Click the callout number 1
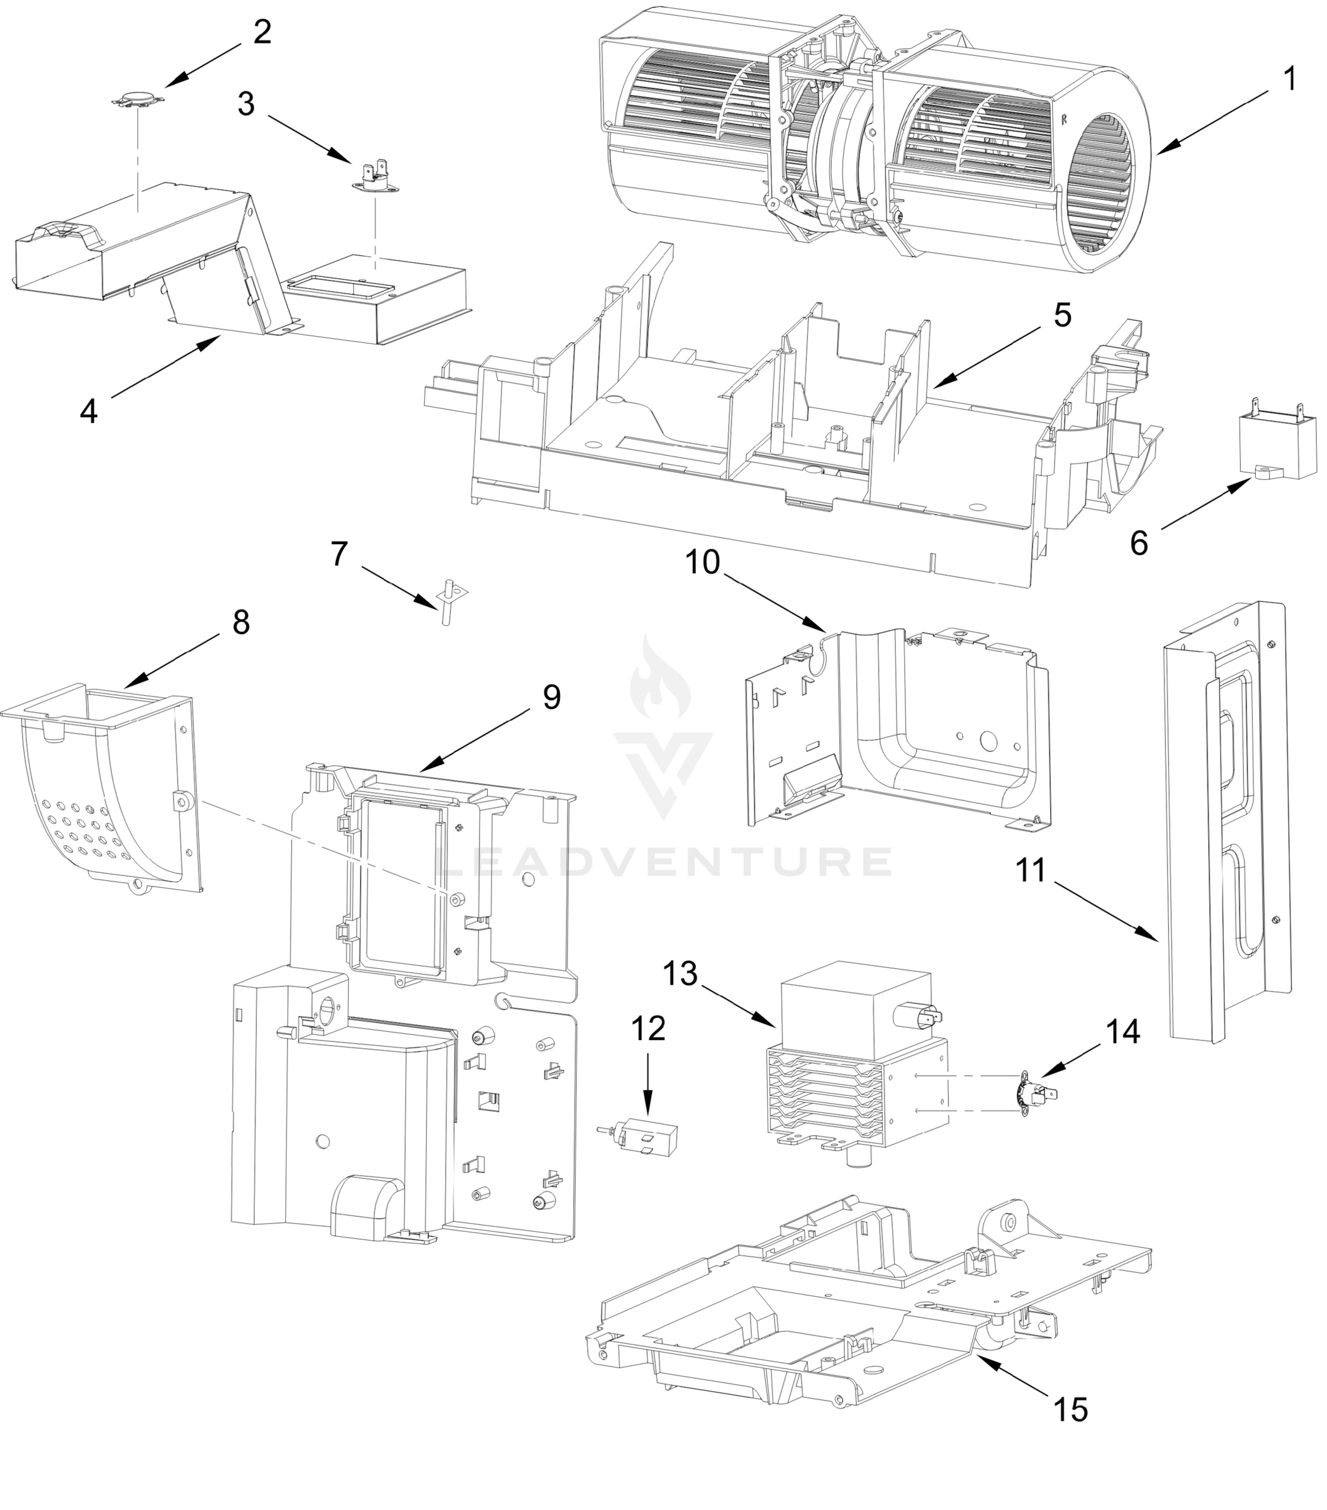tap(1289, 79)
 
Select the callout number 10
tap(703, 562)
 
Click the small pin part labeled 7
tap(447, 603)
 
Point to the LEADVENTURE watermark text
tap(663, 862)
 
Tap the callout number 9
tap(551, 696)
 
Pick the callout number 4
tap(89, 411)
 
